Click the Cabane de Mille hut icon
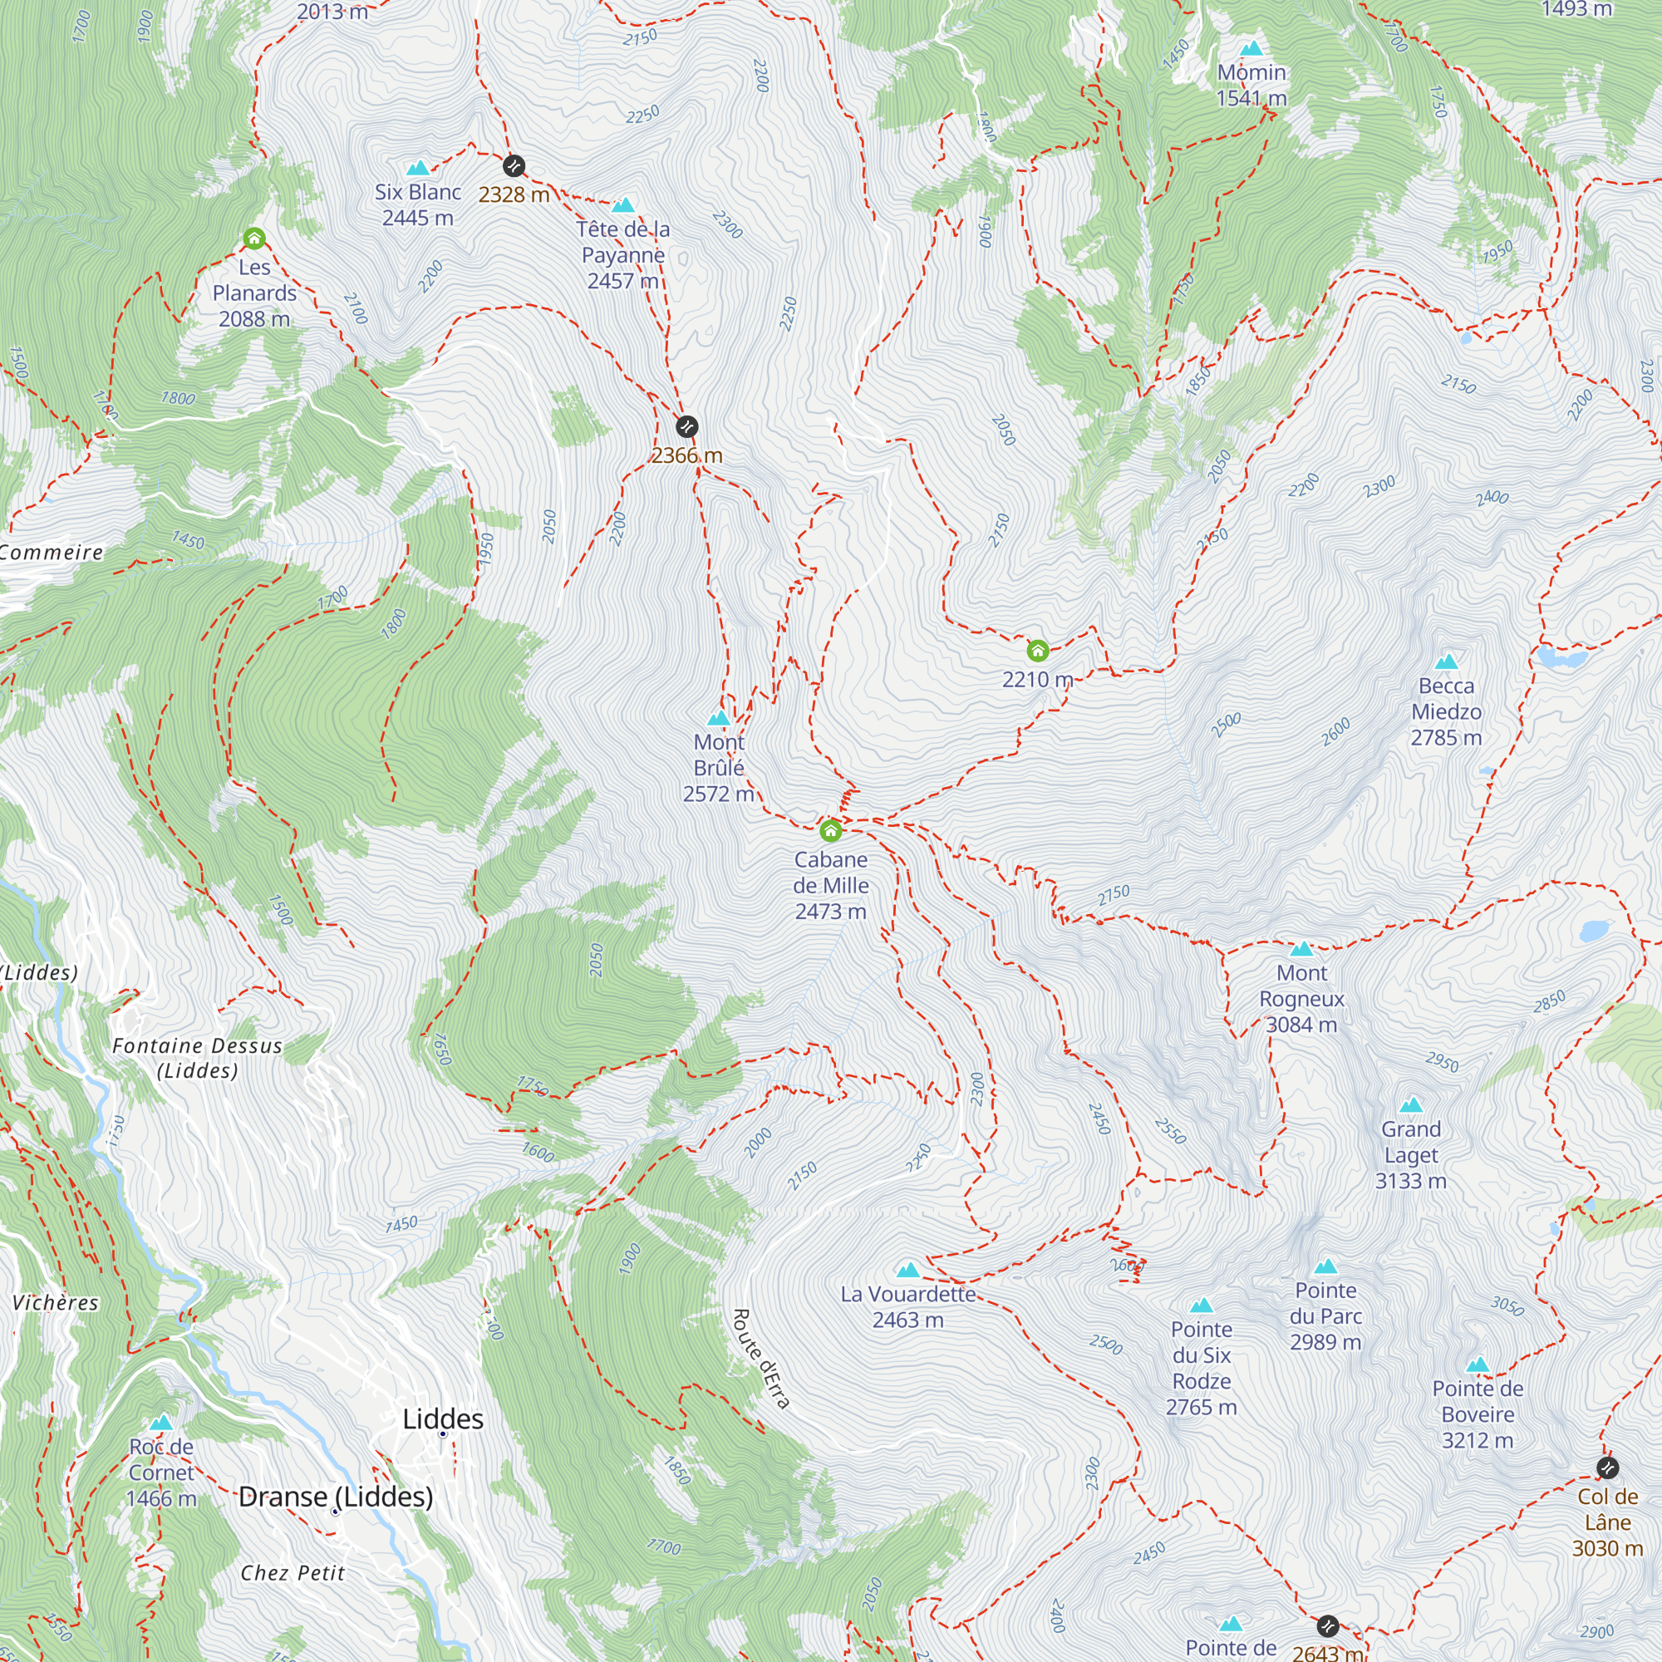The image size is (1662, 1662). pos(830,830)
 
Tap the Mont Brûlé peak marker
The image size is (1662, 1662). pos(718,717)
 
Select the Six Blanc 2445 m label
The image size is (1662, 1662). pos(418,204)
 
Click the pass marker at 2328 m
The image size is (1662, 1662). pos(514,165)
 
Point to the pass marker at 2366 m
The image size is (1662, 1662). pos(686,425)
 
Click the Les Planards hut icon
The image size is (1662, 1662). pos(253,238)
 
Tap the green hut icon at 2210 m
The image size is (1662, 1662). pos(1038,650)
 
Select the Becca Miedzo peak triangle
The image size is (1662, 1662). pos(1447,661)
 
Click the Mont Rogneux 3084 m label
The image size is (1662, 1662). pos(1301,998)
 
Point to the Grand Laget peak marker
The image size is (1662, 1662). pos(1411,1104)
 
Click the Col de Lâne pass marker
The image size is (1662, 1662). pos(1607,1468)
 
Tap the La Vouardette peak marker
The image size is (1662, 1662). pos(908,1270)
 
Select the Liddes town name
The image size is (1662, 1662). pos(443,1419)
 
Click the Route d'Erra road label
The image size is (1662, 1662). pos(760,1359)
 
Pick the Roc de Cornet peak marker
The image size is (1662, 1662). pos(162,1422)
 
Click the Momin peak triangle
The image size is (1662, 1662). pos(1251,48)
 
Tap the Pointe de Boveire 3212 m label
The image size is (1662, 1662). pos(1478,1414)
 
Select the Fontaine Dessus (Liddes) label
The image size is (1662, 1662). pos(197,1058)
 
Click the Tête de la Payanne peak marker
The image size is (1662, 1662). pos(622,204)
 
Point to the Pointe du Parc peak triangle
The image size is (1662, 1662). pos(1325,1266)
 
